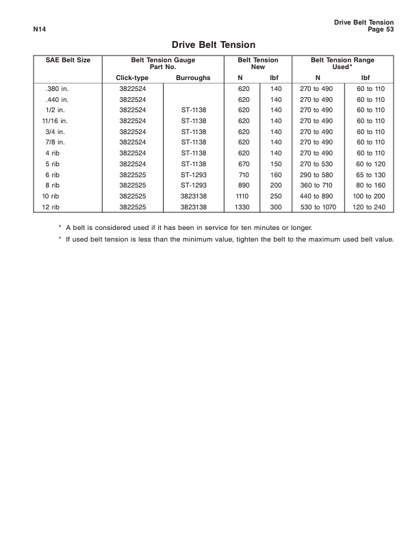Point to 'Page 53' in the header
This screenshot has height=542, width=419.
click(380, 29)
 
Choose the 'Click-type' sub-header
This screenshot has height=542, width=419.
click(133, 79)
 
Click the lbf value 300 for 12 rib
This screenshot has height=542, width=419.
click(275, 206)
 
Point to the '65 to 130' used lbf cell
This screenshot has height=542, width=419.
click(370, 175)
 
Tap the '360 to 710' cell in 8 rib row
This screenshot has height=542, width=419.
click(316, 185)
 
